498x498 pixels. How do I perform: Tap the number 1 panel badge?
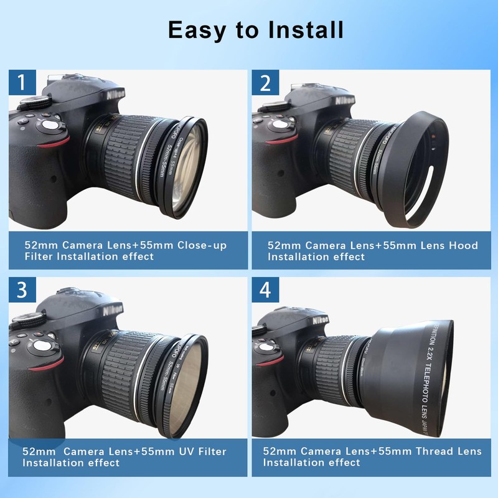pyautogui.click(x=22, y=82)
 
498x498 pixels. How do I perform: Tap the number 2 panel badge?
pyautogui.click(x=265, y=82)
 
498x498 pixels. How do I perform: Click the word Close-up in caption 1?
pyautogui.click(x=202, y=245)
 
